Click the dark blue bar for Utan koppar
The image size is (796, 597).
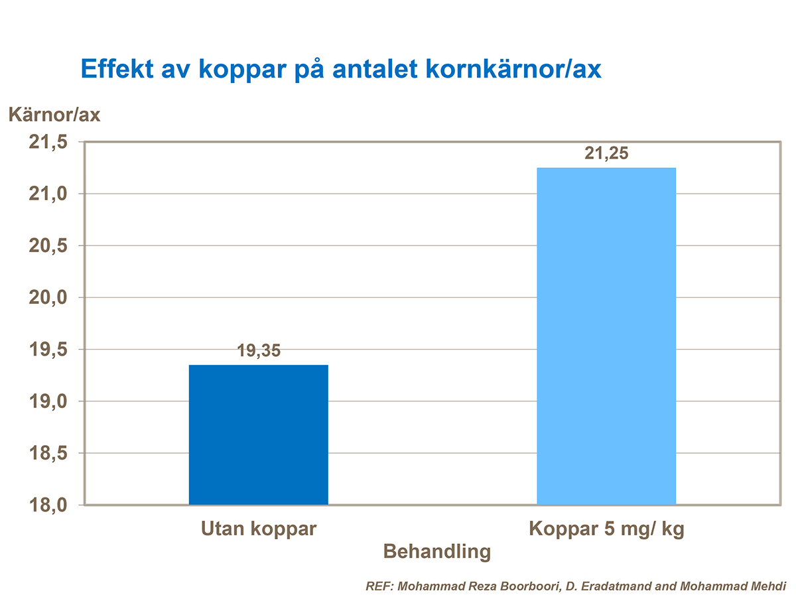click(x=258, y=434)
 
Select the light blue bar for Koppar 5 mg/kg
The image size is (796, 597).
click(x=606, y=336)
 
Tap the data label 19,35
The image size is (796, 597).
click(x=259, y=351)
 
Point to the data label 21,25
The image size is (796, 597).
click(x=606, y=153)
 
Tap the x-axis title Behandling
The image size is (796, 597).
click(x=438, y=551)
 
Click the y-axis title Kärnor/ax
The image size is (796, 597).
click(x=54, y=115)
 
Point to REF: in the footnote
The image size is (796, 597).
click(x=378, y=586)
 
